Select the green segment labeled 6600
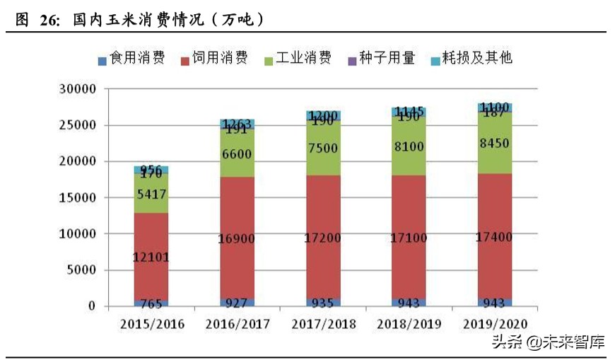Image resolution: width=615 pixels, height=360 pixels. pyautogui.click(x=237, y=153)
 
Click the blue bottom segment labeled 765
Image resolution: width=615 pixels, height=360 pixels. pyautogui.click(x=151, y=303)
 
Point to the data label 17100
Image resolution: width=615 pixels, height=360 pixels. pyautogui.click(x=409, y=238)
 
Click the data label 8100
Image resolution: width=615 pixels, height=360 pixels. pyautogui.click(x=409, y=147)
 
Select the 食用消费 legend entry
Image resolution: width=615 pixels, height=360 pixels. pyautogui.click(x=131, y=59)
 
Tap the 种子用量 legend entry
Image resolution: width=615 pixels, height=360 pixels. pyautogui.click(x=380, y=59)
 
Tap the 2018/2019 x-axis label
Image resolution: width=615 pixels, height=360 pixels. pyautogui.click(x=409, y=324)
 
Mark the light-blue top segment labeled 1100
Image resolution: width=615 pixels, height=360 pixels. pyautogui.click(x=495, y=108)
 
